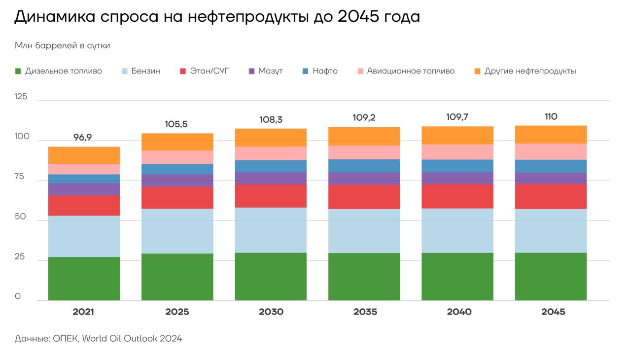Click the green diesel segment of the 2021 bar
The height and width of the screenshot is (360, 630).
pos(84,278)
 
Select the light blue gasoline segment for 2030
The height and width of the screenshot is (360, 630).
pos(271,230)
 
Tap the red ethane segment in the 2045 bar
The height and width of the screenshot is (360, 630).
pos(551,196)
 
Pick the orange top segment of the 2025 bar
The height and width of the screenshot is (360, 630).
pos(177,142)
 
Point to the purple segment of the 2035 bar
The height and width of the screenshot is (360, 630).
pos(364,178)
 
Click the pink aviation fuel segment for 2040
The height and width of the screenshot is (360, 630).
pos(457,151)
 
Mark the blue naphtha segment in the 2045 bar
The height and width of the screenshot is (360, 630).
pos(551,166)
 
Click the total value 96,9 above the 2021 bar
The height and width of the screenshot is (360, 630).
pos(83,138)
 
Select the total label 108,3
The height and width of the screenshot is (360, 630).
pos(271,120)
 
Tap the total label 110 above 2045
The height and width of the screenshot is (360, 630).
pos(551,117)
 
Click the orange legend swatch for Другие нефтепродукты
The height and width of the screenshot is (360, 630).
pos(477,71)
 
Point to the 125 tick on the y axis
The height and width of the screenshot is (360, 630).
pos(21,97)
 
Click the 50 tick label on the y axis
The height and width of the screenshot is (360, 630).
pos(20,216)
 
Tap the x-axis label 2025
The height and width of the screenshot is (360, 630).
pos(177,312)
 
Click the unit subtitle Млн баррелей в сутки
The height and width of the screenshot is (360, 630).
pos(62,46)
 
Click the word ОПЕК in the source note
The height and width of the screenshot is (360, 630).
pos(65,339)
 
